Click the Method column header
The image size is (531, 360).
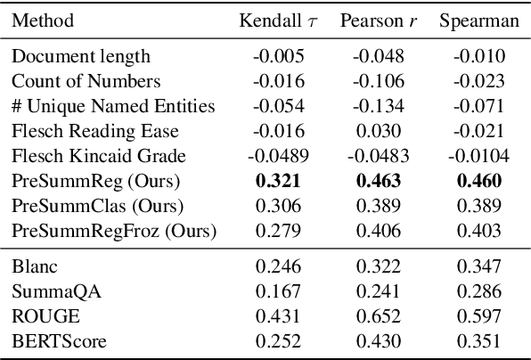pyautogui.click(x=43, y=20)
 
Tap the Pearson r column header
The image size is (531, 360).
pyautogui.click(x=379, y=20)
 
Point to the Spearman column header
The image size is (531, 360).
pyautogui.click(x=478, y=20)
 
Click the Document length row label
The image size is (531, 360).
pyautogui.click(x=81, y=56)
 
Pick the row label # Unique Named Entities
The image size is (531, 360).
pyautogui.click(x=113, y=106)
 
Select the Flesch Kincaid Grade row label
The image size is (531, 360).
pyautogui.click(x=99, y=156)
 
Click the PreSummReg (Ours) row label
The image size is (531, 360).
pyautogui.click(x=96, y=181)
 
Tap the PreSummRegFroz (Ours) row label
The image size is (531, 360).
pyautogui.click(x=114, y=231)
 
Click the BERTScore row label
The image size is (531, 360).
pyautogui.click(x=51, y=340)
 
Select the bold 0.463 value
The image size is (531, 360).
pyautogui.click(x=379, y=181)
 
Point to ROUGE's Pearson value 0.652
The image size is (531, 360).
pyautogui.click(x=379, y=315)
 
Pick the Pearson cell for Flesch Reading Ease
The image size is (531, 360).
pyautogui.click(x=379, y=131)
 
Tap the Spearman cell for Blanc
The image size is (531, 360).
pyautogui.click(x=478, y=265)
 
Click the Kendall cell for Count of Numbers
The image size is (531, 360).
pyautogui.click(x=280, y=81)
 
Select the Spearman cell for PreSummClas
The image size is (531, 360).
pyautogui.click(x=478, y=206)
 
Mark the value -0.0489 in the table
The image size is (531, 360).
pyautogui.click(x=280, y=156)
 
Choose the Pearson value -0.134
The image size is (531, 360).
pyautogui.click(x=379, y=106)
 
